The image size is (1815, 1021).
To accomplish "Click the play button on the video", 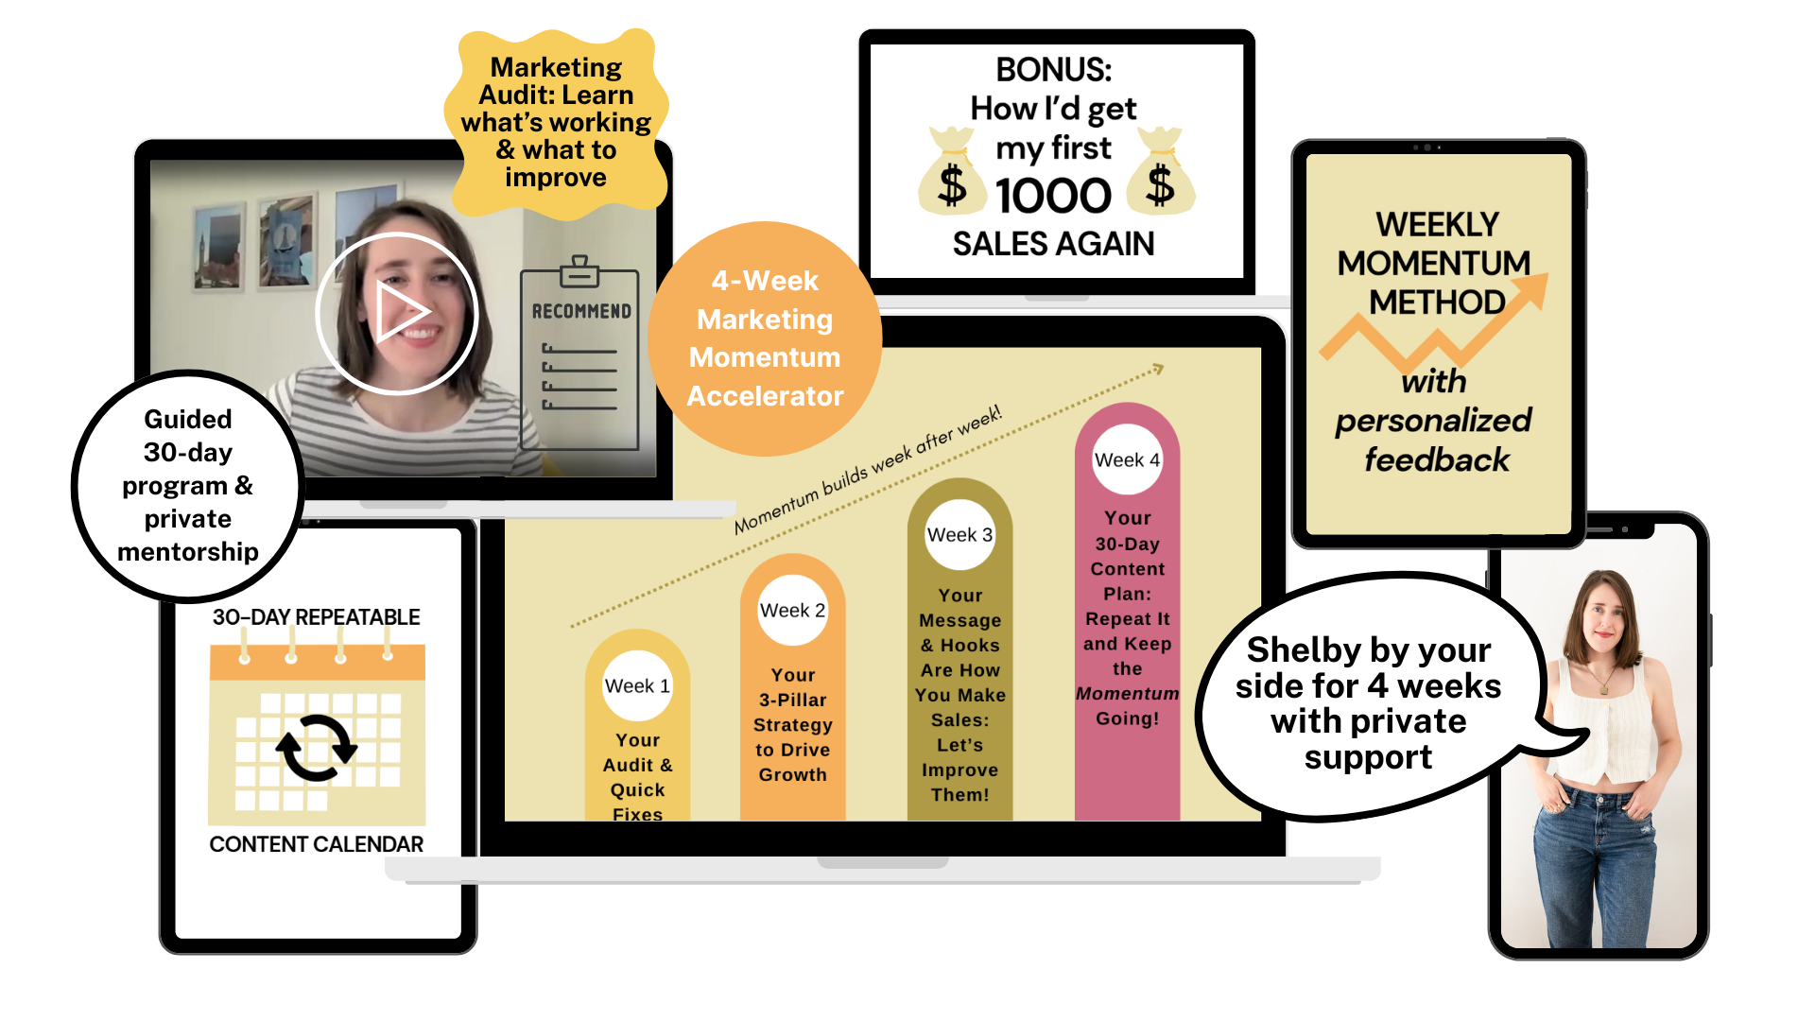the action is click(397, 312).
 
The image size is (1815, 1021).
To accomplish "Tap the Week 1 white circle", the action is click(637, 685).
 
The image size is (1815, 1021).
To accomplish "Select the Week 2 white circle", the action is click(792, 610).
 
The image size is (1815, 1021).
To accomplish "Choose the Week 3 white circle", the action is click(959, 534).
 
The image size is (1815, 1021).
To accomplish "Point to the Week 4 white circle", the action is click(1127, 459).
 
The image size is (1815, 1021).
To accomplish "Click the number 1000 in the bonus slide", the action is click(1053, 196).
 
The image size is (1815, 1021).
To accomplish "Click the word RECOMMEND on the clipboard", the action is click(581, 311).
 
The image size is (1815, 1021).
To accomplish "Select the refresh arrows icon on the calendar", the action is click(317, 747).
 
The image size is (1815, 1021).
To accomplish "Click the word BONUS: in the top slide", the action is click(1053, 70).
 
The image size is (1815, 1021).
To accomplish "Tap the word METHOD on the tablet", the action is click(1437, 303).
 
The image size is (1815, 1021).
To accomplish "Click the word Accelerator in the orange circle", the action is click(765, 396).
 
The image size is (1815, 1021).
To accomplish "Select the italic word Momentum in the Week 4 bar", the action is click(1127, 694).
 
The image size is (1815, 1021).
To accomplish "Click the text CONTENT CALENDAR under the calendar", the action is click(316, 844).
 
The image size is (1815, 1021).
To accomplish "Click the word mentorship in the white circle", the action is click(188, 552).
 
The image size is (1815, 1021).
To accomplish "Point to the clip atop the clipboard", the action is click(579, 270).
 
